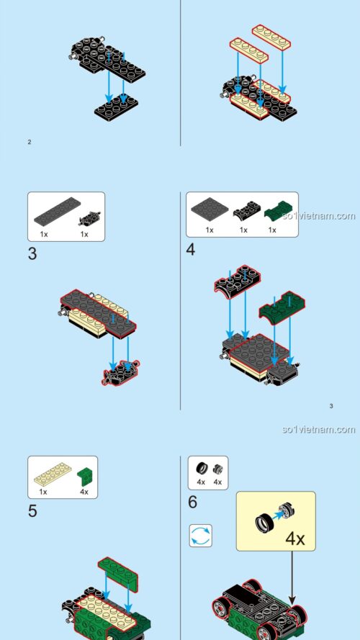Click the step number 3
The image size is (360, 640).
pos(32,253)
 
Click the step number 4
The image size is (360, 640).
pos(191,250)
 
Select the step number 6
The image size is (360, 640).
pos(192,502)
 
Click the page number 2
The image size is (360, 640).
pos(30,142)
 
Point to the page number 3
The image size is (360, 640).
pos(331,406)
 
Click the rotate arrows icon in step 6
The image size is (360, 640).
pos(200,535)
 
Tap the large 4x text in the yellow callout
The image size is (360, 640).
pos(294,538)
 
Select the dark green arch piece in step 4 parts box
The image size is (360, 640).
pos(273,212)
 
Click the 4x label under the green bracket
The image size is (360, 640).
pos(84,492)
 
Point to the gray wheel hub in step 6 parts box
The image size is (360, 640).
pos(217,467)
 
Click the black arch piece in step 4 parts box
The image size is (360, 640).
pos(243,212)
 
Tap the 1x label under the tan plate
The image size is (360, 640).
pos(43,492)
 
